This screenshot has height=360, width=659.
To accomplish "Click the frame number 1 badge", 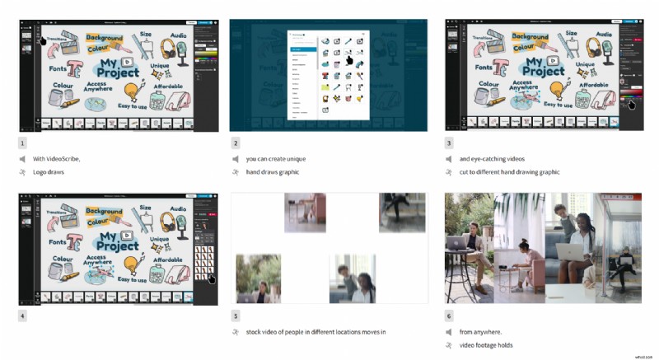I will coord(22,142).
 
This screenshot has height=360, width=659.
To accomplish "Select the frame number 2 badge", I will coord(236,142).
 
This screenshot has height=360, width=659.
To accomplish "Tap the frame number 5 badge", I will coord(236,315).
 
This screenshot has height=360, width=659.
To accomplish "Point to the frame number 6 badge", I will coord(449,315).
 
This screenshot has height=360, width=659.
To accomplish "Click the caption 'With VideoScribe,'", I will coord(57,158).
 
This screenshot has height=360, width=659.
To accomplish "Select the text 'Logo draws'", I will coord(49,172).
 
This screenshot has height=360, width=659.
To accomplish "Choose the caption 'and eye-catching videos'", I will coord(492,158).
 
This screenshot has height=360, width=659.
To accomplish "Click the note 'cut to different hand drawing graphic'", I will coord(509,172).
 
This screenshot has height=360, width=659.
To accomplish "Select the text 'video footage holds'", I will coord(486,345).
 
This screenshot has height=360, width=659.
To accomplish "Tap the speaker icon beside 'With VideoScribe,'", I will coord(22,158).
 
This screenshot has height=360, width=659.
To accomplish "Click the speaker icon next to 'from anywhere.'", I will coord(449,331).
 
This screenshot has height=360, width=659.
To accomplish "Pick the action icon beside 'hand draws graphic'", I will coord(236,172).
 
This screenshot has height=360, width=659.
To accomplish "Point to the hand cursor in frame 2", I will coord(348,59).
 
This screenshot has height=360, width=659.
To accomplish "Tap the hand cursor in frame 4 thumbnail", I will coord(211,278).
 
